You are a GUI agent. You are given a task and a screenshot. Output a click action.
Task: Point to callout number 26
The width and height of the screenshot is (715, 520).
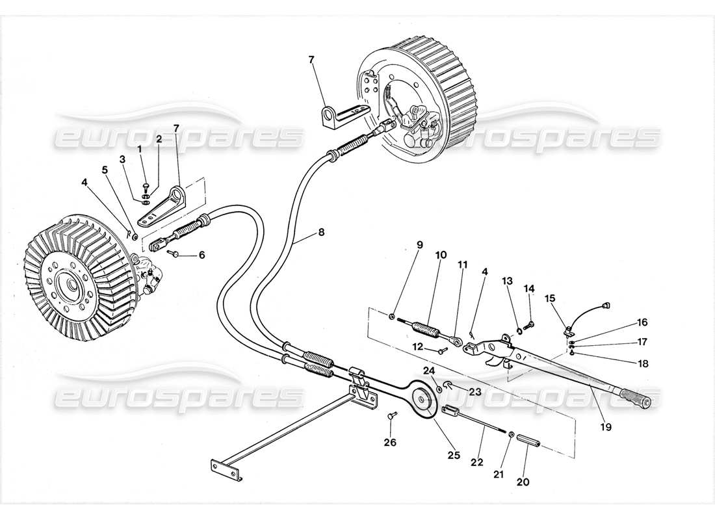pyautogui.click(x=389, y=444)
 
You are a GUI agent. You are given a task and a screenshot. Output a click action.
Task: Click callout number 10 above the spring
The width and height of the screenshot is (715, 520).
pyautogui.click(x=441, y=255)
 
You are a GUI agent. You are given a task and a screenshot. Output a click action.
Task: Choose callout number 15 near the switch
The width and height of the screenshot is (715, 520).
pyautogui.click(x=551, y=299)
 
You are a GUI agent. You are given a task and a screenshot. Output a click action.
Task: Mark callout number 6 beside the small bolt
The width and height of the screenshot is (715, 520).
pyautogui.click(x=201, y=255)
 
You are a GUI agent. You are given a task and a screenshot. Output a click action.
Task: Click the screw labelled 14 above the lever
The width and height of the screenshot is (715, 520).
pyautogui.click(x=531, y=323)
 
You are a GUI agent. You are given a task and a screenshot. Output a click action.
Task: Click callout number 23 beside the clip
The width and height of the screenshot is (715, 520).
pyautogui.click(x=474, y=392)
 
